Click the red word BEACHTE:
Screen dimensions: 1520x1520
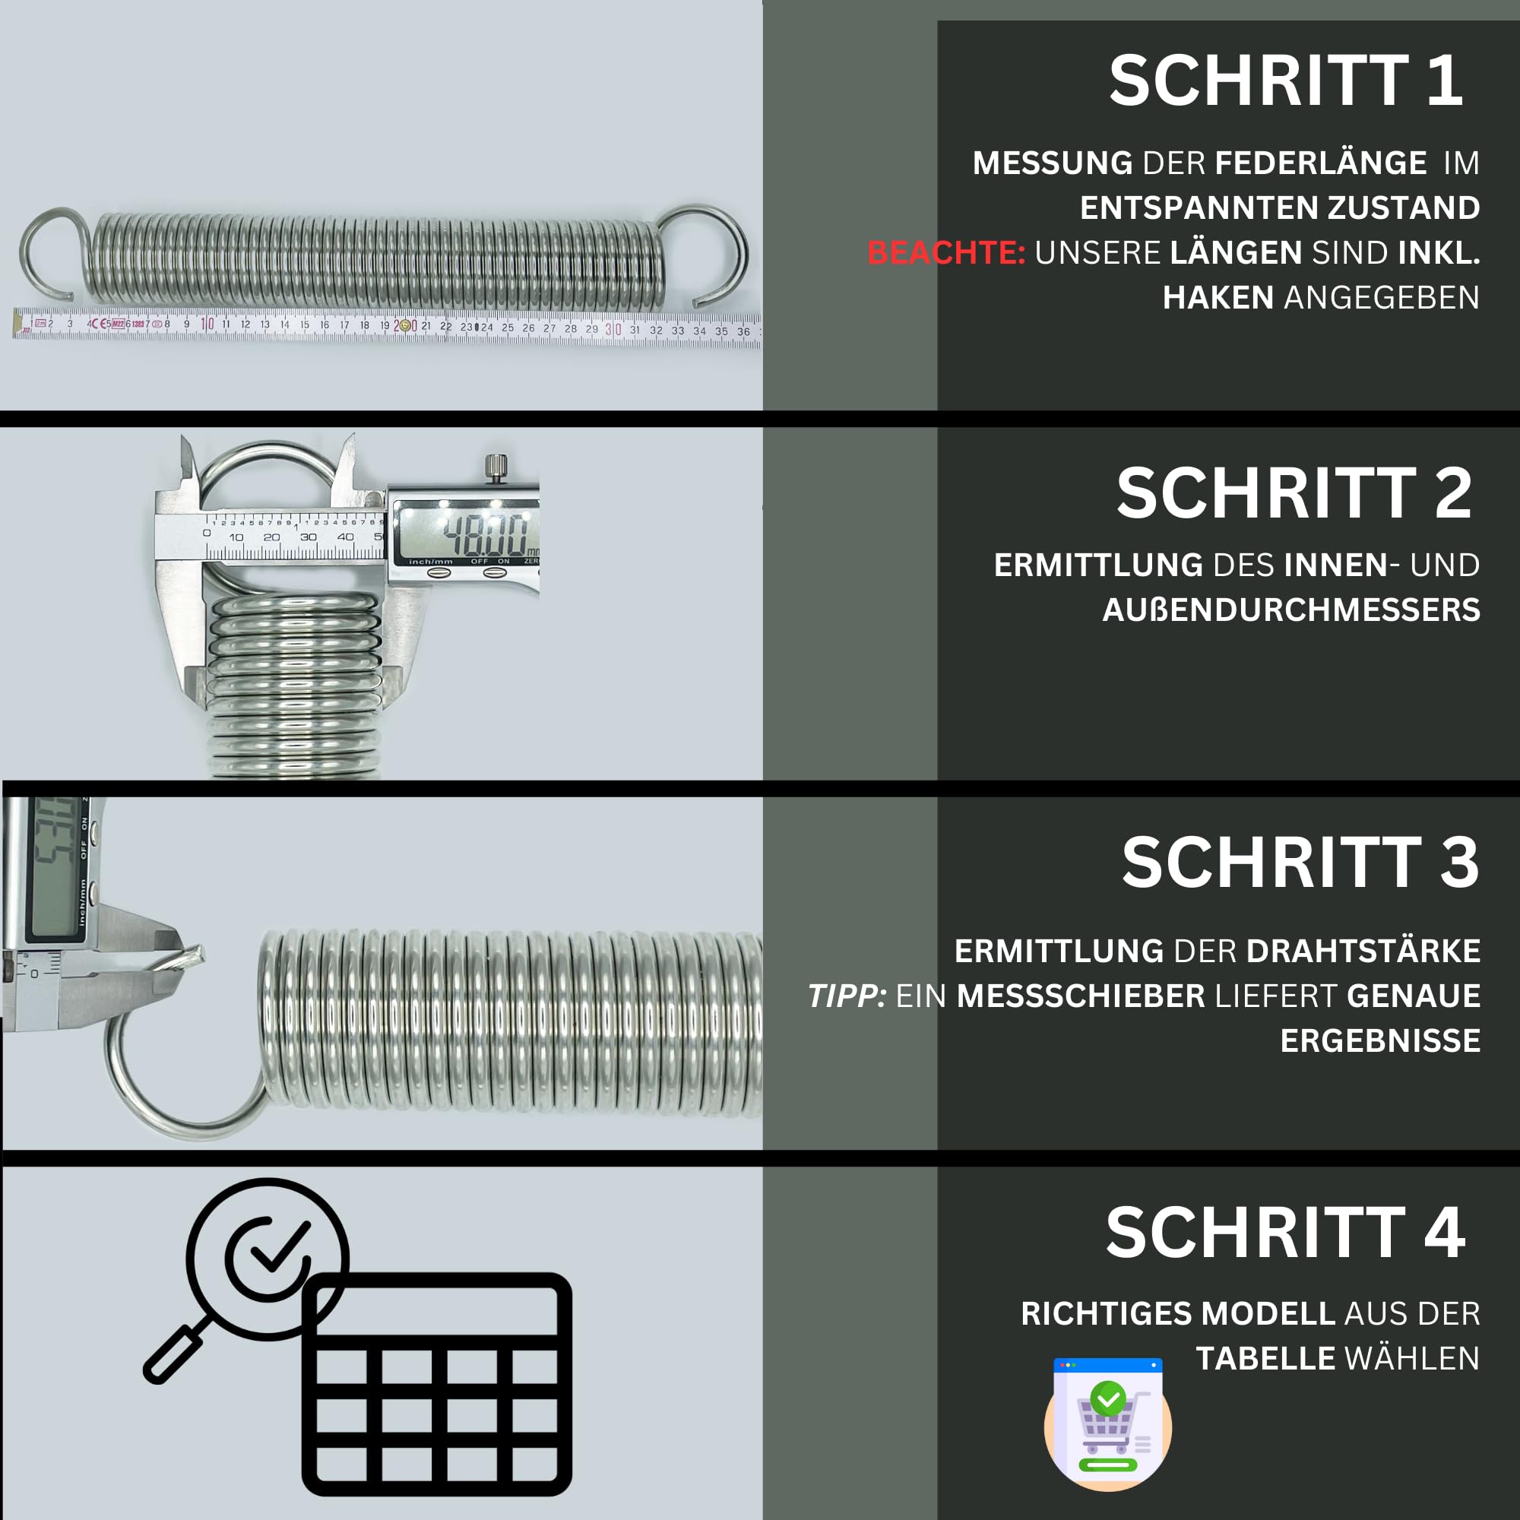point(945,253)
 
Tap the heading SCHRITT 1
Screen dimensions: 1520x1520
point(1286,81)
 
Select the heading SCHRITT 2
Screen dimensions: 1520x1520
point(1294,494)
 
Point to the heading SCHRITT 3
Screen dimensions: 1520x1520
point(1300,863)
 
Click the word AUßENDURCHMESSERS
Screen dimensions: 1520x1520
point(1291,610)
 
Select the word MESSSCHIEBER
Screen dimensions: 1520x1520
point(1080,996)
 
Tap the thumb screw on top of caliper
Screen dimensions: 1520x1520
point(494,466)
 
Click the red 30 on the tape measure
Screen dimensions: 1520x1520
point(613,330)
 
